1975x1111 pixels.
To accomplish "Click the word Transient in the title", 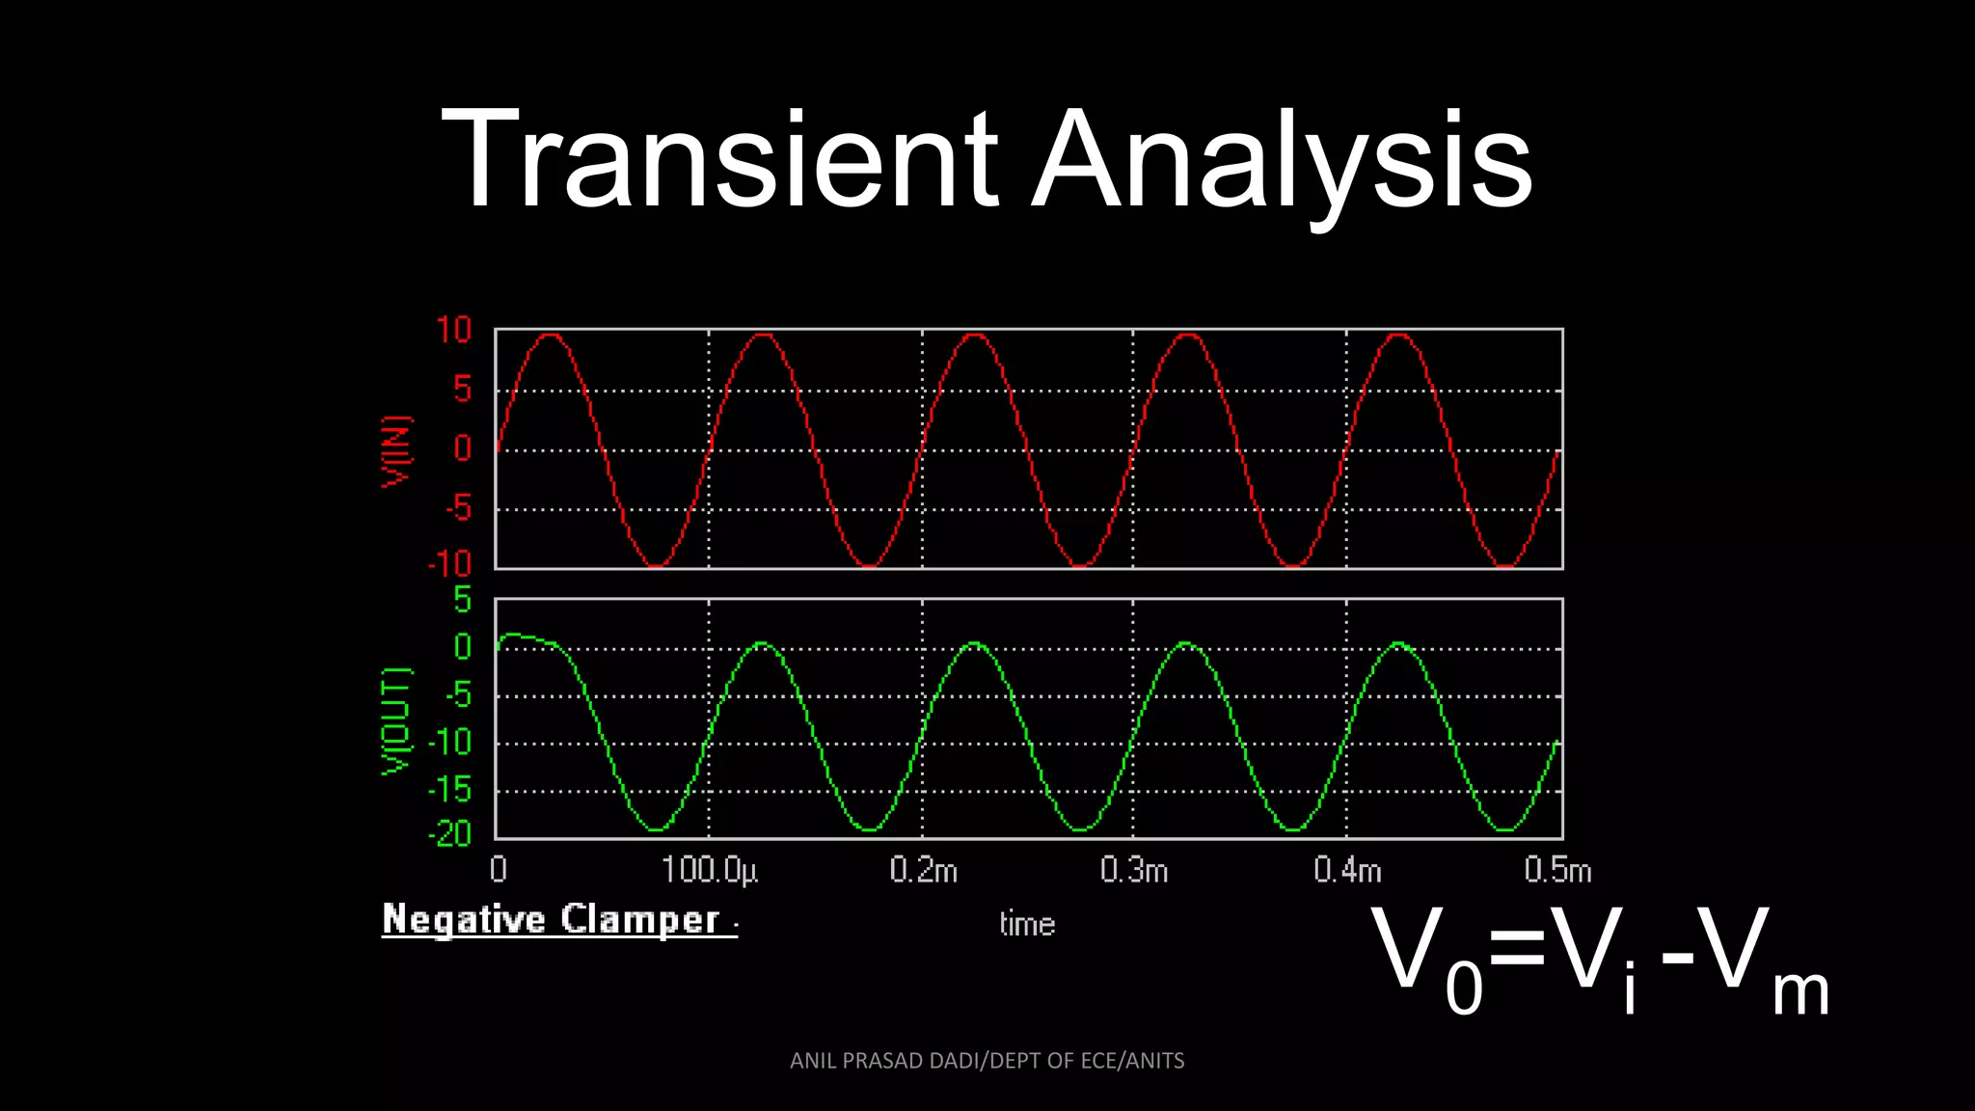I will tap(718, 159).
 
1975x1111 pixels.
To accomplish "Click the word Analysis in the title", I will tap(1283, 159).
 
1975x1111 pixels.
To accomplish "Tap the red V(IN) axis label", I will tap(396, 451).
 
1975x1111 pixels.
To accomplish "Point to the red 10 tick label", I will tap(453, 331).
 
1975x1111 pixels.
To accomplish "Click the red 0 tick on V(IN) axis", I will tap(463, 449).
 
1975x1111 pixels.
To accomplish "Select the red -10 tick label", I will tap(450, 564).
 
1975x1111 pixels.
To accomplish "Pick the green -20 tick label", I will tap(450, 833).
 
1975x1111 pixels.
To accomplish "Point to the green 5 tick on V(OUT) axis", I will tap(463, 600).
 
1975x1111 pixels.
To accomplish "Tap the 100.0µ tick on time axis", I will tap(710, 871).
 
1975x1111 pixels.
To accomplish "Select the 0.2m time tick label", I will tap(923, 871).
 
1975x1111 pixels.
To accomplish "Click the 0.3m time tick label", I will tap(1134, 871).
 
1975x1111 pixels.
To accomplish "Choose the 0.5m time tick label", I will tap(1557, 871).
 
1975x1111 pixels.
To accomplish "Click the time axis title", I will tap(1027, 924).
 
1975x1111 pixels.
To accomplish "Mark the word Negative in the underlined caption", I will tap(464, 919).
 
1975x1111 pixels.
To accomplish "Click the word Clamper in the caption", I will tap(640, 919).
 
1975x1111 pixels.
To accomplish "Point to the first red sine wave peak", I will tap(550, 335).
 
